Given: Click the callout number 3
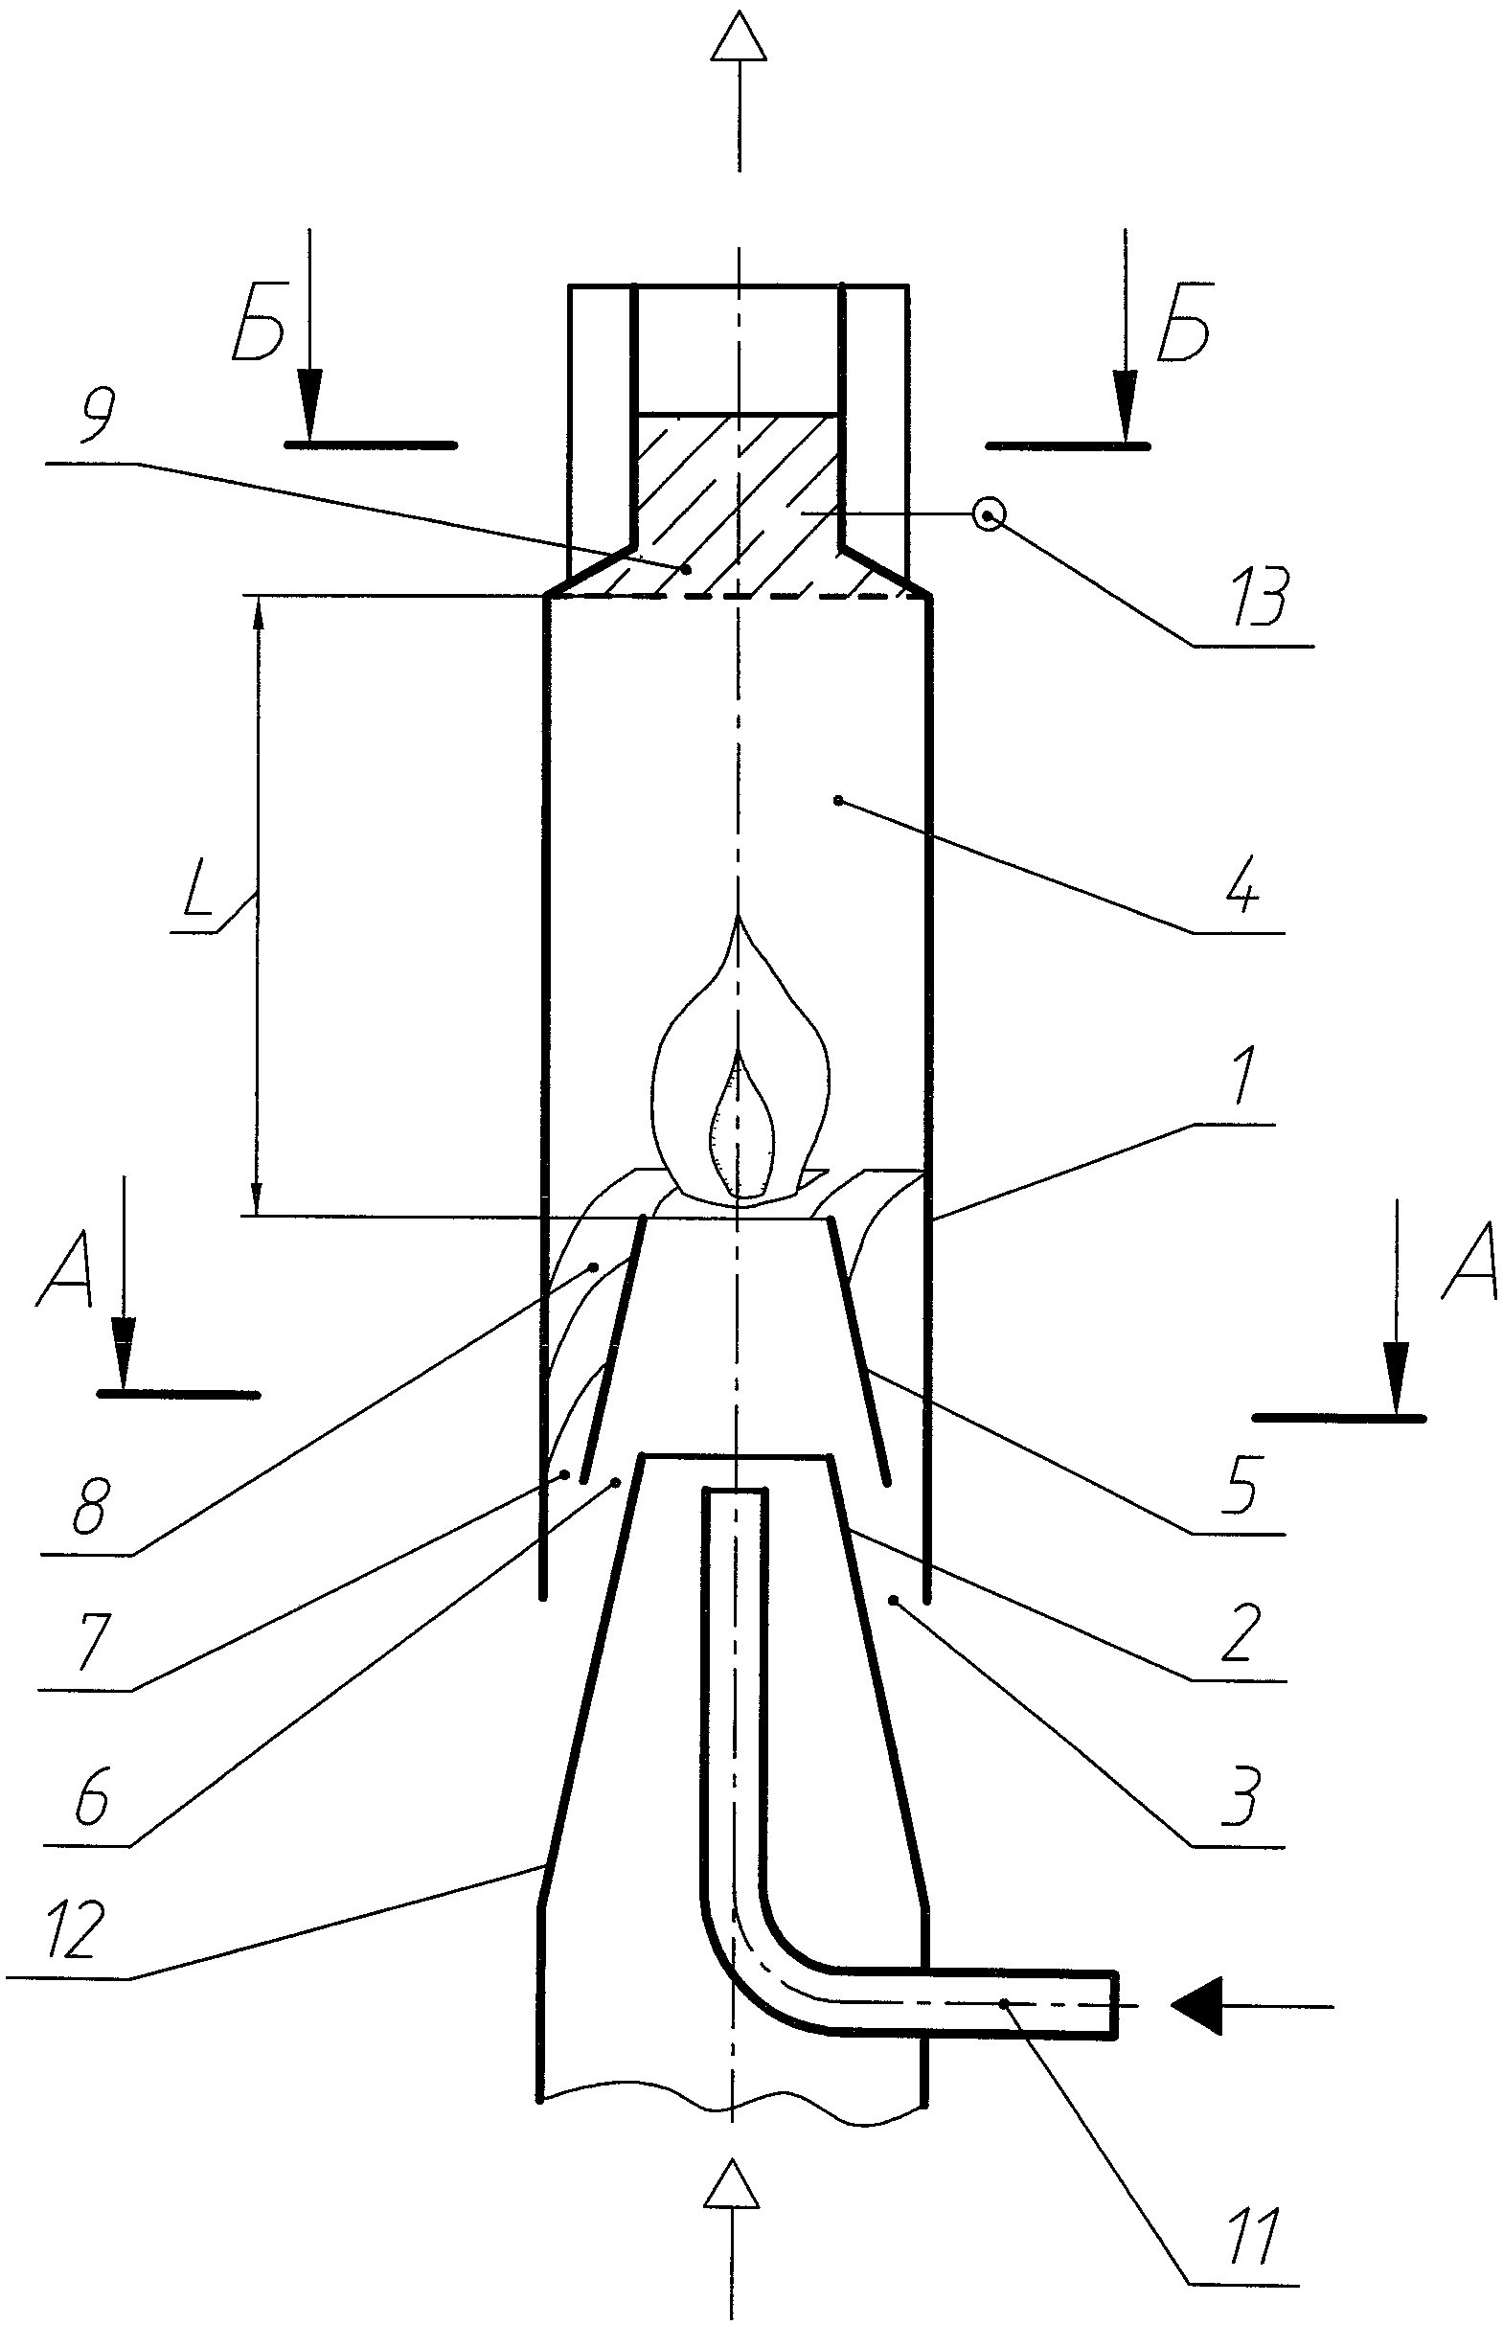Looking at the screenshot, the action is [x=1238, y=1797].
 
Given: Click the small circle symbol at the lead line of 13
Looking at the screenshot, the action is [x=990, y=514].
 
